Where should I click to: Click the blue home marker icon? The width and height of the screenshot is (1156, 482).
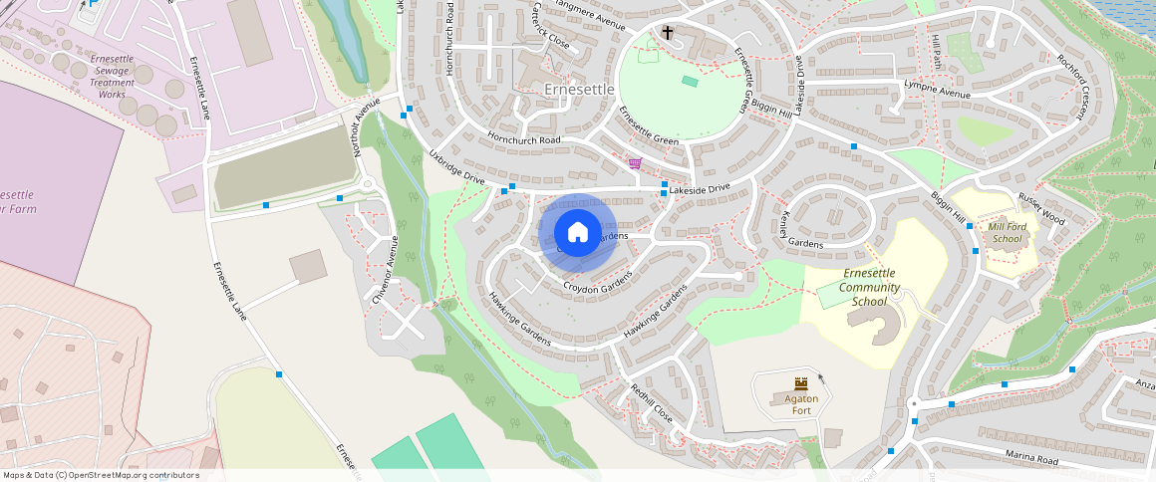pos(578,233)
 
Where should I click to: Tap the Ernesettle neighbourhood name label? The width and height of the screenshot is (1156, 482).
pos(581,90)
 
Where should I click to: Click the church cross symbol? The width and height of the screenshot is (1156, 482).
pos(668,34)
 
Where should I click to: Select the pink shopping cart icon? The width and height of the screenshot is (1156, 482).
pos(635,163)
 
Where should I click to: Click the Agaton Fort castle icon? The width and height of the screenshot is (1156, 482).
pos(801,383)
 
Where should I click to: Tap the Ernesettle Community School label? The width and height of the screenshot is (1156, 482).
pos(869,287)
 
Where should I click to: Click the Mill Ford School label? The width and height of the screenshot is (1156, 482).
pos(1006,233)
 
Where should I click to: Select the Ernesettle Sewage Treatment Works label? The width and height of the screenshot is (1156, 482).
pos(112,77)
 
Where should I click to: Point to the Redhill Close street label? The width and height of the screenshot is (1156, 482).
pos(652,404)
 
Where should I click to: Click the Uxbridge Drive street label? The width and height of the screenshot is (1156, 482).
pos(455,167)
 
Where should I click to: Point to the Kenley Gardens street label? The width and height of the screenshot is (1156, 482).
pos(789,232)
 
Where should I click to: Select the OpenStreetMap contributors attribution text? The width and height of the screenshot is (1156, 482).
pos(101,475)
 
